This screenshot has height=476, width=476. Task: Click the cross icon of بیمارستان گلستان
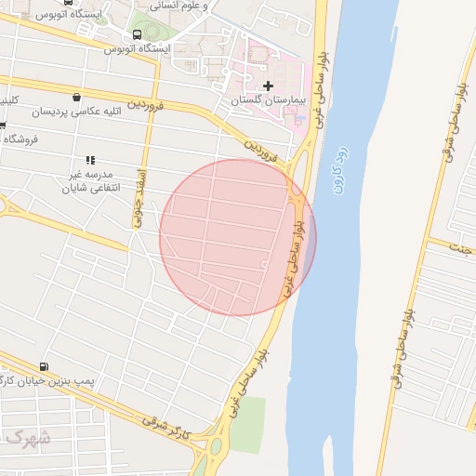[269, 86]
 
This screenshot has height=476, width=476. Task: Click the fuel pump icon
[45, 367]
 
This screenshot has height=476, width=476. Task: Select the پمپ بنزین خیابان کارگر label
[45, 381]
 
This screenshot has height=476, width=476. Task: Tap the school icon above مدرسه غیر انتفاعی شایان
[90, 161]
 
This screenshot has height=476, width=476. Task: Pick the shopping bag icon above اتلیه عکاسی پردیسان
[75, 98]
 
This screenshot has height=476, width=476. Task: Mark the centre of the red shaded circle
[238, 237]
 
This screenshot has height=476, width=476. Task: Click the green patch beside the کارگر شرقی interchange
[246, 423]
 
